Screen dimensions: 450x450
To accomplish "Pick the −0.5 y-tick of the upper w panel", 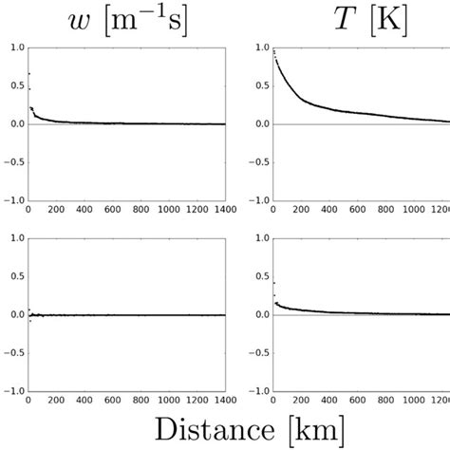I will [10, 162].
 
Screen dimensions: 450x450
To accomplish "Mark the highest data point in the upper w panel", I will [28, 73].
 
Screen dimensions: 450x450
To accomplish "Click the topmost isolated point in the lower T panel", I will [273, 283].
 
